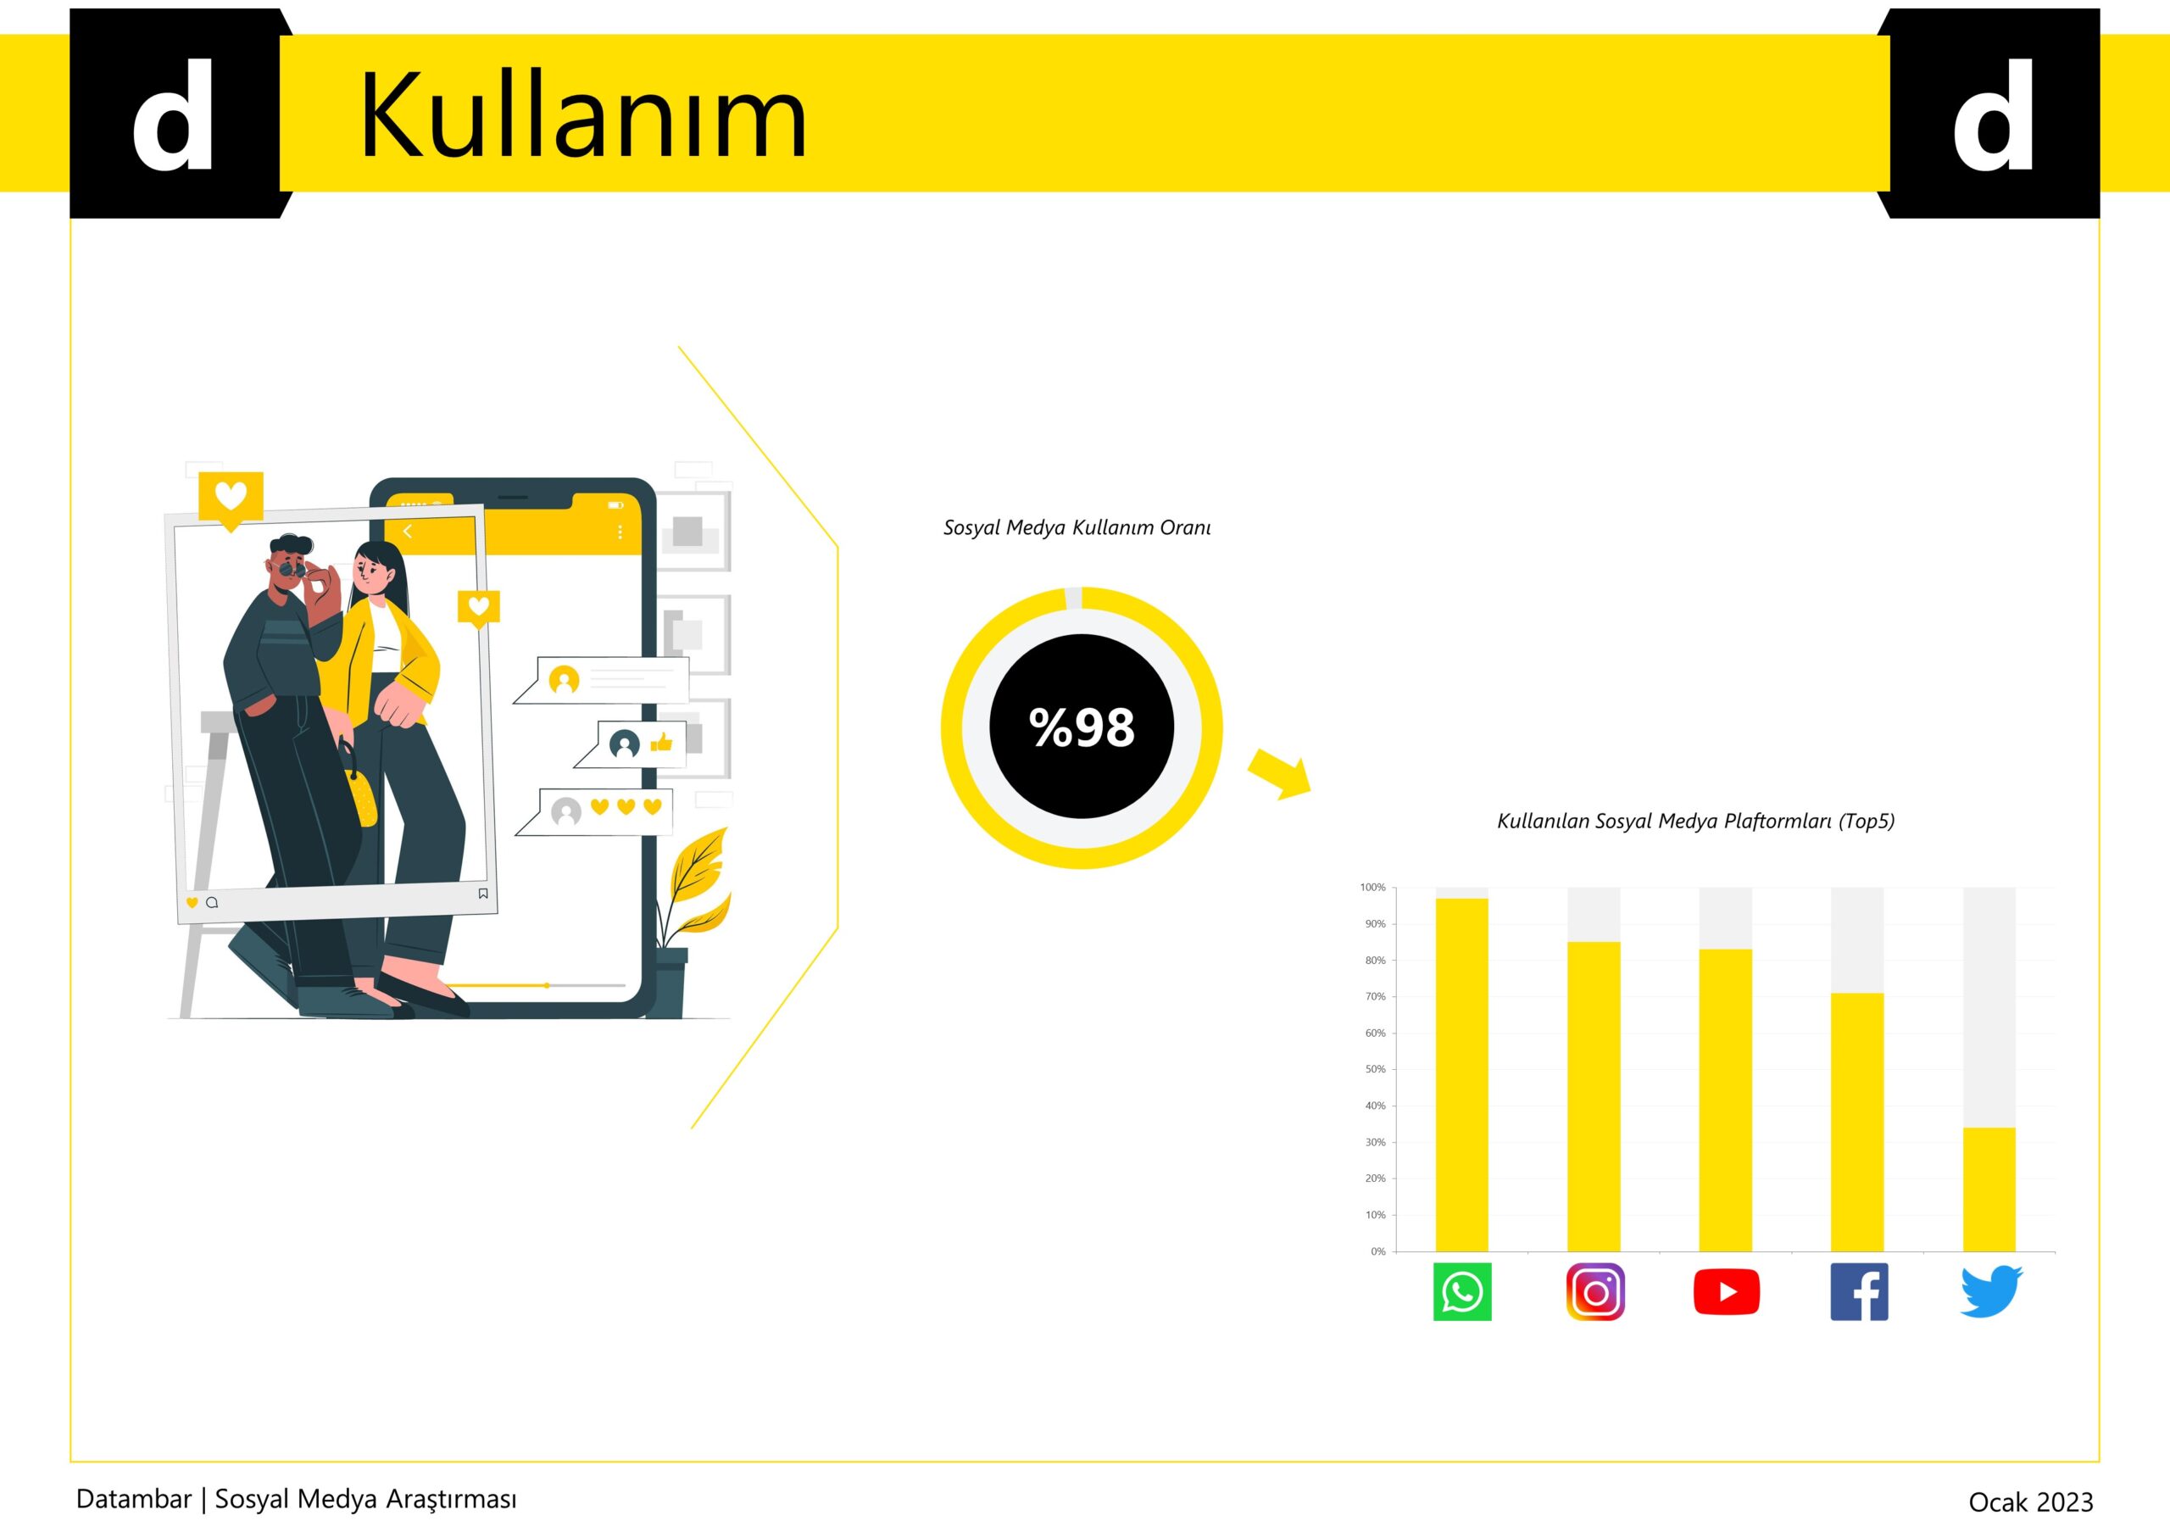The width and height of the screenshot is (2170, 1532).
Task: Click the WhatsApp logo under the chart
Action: pyautogui.click(x=1462, y=1291)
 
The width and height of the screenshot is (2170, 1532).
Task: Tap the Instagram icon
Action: pyautogui.click(x=1595, y=1291)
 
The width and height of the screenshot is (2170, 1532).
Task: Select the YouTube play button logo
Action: pyautogui.click(x=1727, y=1292)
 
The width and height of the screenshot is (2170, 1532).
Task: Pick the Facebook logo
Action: pyautogui.click(x=1859, y=1291)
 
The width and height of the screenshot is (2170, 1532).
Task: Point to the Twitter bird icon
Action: pyautogui.click(x=1991, y=1291)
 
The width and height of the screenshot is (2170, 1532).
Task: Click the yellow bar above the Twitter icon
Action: pyautogui.click(x=1989, y=1189)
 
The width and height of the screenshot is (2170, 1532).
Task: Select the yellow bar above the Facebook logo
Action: pyautogui.click(x=1857, y=1122)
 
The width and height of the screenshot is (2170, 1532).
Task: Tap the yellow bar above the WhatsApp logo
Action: pyautogui.click(x=1461, y=1074)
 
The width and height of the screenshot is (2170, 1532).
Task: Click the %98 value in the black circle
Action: pyautogui.click(x=1082, y=727)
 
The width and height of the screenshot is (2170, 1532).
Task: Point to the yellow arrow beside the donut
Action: pyautogui.click(x=1280, y=774)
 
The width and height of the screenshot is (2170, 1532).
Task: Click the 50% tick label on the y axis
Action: pyautogui.click(x=1375, y=1069)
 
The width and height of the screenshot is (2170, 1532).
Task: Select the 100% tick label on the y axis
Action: pyautogui.click(x=1372, y=888)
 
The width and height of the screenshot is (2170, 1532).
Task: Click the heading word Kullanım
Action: pyautogui.click(x=582, y=115)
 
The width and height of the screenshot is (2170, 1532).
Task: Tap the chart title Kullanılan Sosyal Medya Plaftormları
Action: pyautogui.click(x=1664, y=821)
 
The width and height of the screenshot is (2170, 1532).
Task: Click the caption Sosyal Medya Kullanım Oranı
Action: pyautogui.click(x=1077, y=527)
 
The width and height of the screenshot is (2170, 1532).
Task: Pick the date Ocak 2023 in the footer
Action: pyautogui.click(x=2031, y=1501)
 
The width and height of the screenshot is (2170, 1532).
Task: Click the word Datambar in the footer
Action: pyautogui.click(x=133, y=1499)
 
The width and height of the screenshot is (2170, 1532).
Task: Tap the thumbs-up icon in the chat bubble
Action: pyautogui.click(x=661, y=742)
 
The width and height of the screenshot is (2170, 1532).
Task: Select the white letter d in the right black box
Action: pyautogui.click(x=1993, y=114)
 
